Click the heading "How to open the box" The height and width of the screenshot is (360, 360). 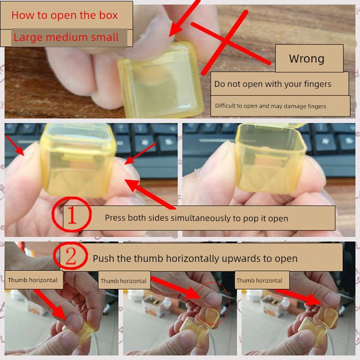coord(64,15)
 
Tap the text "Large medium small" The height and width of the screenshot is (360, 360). coord(66,37)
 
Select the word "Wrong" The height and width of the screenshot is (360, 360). coord(306,58)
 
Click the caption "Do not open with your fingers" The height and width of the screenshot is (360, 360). coord(273,84)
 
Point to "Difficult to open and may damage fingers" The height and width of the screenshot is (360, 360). coord(270,106)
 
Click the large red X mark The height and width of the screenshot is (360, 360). coord(230,42)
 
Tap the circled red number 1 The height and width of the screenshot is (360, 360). coord(72,214)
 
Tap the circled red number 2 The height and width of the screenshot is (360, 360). coord(71,256)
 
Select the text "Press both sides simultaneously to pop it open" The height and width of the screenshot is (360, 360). coord(196,218)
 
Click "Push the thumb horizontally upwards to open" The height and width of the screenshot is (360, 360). coord(195,258)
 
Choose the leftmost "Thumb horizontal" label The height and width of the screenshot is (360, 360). coord(32,280)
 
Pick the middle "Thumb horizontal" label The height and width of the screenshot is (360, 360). coord(123,281)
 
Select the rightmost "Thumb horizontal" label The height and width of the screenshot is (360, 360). coord(260,280)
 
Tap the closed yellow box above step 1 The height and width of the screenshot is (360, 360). coord(78,161)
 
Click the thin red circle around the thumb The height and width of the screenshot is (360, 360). coord(229,303)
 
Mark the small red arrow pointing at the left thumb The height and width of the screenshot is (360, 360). coord(15,145)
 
